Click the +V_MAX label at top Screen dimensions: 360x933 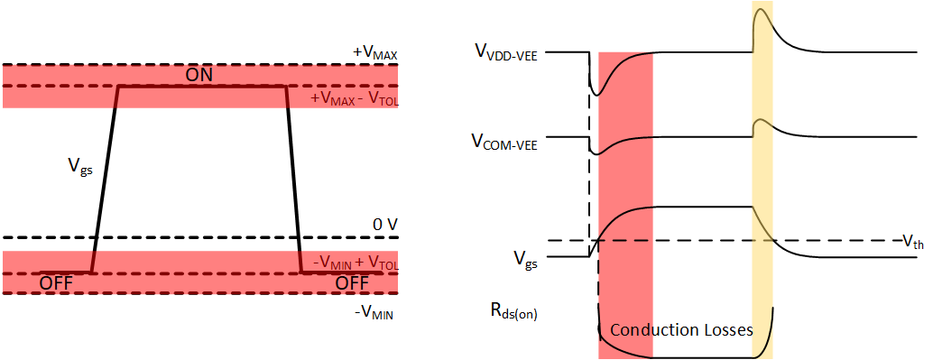(x=375, y=54)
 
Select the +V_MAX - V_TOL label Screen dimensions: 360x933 (x=354, y=98)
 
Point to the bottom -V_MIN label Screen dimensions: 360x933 (x=375, y=313)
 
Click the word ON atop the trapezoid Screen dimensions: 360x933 (x=199, y=75)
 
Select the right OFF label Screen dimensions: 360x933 (x=352, y=282)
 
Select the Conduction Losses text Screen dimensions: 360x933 (x=681, y=330)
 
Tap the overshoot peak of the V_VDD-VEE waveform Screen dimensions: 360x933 (x=761, y=10)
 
